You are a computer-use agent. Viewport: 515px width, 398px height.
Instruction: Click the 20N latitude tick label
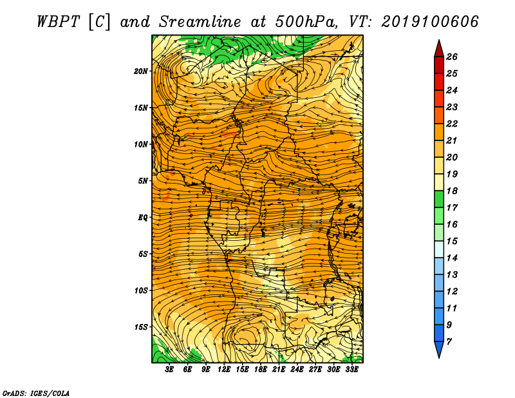coord(140,71)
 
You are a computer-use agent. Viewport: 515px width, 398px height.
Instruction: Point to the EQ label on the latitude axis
coord(142,218)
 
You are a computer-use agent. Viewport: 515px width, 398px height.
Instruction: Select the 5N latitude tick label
coord(142,181)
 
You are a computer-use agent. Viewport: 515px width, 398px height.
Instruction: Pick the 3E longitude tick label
coord(169,370)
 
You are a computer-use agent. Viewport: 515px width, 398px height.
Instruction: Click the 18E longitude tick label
coord(261,370)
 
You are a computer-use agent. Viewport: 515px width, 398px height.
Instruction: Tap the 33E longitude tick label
coord(351,370)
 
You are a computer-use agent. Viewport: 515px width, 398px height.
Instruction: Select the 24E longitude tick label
coord(297,370)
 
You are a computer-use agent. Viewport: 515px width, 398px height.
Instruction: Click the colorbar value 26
coord(452,57)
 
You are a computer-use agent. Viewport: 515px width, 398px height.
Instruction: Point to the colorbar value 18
coord(452,191)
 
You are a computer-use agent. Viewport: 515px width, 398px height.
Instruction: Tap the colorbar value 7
coord(449,342)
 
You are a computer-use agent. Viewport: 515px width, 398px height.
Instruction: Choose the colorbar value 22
coord(452,124)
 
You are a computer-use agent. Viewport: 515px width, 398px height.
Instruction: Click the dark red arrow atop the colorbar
coord(439,49)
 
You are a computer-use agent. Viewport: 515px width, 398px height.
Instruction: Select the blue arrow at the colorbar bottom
coord(439,350)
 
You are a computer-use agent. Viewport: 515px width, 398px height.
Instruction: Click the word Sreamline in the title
coord(200,22)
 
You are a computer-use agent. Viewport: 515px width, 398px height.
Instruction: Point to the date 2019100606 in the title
coord(430,22)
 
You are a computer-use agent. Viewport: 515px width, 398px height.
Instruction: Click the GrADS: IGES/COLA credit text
coord(36,393)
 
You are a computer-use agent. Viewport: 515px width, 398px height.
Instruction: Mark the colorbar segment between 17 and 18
coord(439,199)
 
